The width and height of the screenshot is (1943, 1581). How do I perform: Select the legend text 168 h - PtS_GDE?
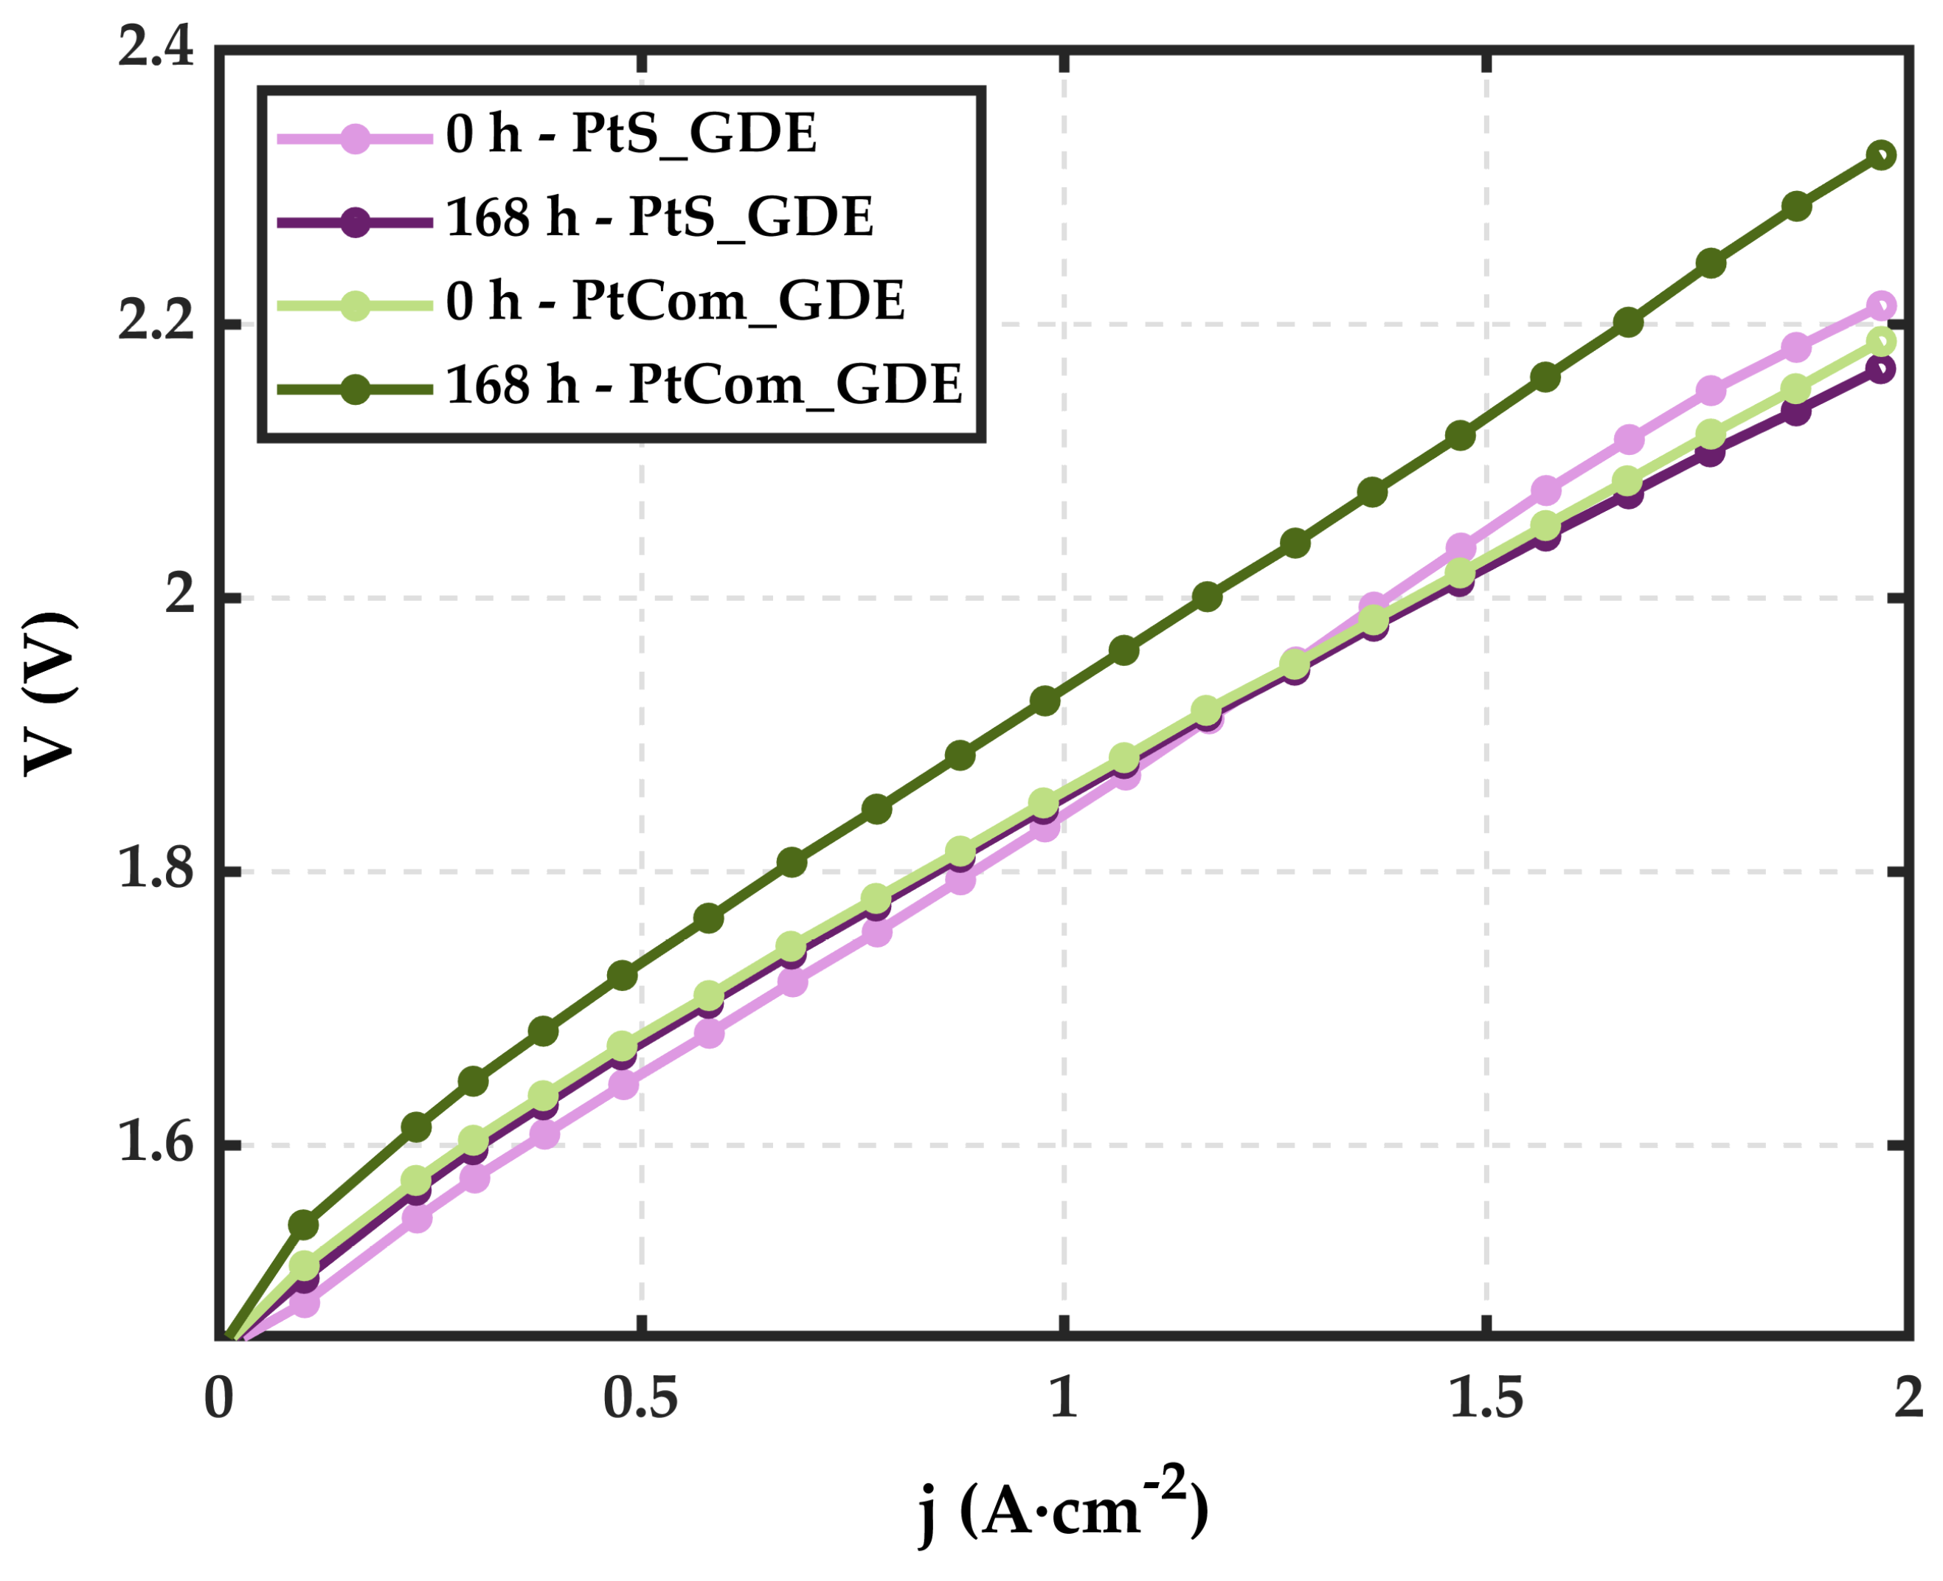click(659, 217)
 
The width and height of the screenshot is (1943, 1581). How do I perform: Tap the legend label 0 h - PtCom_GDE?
click(675, 301)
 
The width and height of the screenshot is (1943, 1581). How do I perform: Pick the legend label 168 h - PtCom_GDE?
click(703, 384)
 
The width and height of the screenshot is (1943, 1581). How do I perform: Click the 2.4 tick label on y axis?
click(156, 46)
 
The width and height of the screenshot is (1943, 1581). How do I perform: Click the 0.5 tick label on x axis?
click(640, 1399)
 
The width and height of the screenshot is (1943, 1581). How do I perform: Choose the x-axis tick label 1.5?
click(1486, 1399)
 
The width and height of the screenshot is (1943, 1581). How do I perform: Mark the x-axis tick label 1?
click(1064, 1399)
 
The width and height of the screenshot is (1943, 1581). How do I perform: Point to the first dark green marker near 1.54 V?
click(303, 1226)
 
